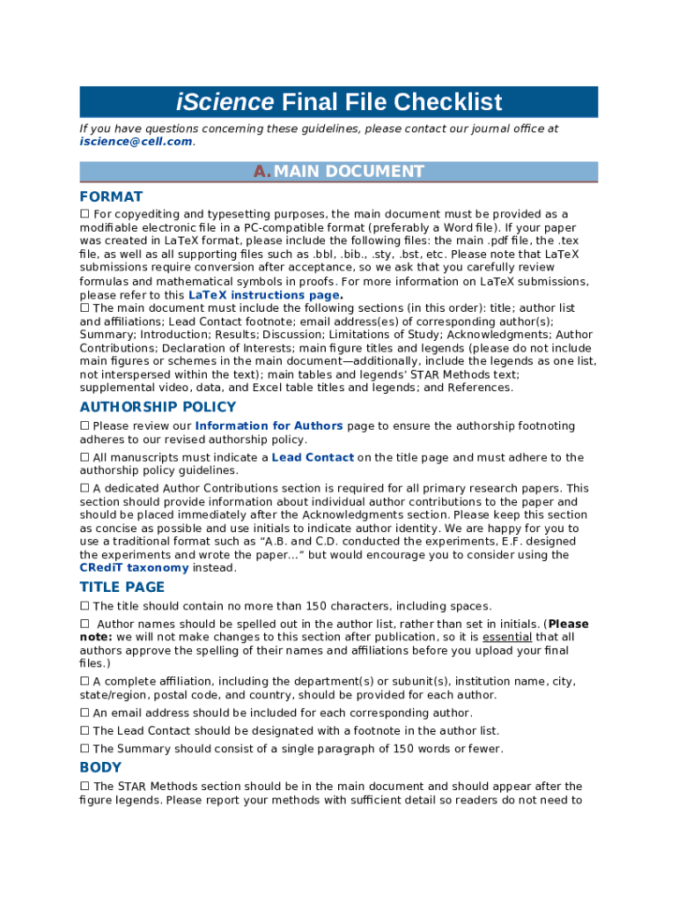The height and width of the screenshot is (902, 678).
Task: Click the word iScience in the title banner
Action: pyautogui.click(x=225, y=102)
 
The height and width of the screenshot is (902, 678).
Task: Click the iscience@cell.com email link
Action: pyautogui.click(x=136, y=141)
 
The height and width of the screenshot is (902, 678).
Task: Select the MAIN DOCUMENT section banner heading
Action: pyautogui.click(x=349, y=172)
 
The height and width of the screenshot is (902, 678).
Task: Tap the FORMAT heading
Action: pyautogui.click(x=111, y=196)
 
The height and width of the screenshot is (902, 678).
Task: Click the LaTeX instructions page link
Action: pyautogui.click(x=264, y=295)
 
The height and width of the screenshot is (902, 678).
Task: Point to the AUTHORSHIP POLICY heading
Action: pyautogui.click(x=158, y=407)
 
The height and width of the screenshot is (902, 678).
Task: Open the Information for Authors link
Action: pyautogui.click(x=269, y=425)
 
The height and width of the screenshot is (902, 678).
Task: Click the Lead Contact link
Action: pyautogui.click(x=313, y=457)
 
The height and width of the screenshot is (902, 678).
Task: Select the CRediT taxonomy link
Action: pyautogui.click(x=134, y=568)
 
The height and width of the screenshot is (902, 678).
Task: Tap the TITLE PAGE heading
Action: pyautogui.click(x=122, y=587)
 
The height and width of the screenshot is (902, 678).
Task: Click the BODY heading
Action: pyautogui.click(x=100, y=767)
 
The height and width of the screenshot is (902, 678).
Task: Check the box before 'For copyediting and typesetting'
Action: pyautogui.click(x=85, y=214)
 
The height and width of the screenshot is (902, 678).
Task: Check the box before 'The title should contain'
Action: pyautogui.click(x=85, y=606)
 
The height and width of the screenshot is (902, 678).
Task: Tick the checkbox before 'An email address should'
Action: pyautogui.click(x=85, y=713)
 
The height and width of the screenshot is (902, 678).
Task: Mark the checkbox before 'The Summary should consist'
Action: pyautogui.click(x=85, y=749)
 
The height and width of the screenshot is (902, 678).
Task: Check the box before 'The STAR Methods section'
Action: pyautogui.click(x=85, y=786)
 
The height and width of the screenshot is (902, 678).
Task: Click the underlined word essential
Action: pyautogui.click(x=506, y=637)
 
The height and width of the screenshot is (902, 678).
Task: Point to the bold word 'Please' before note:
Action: pyautogui.click(x=568, y=624)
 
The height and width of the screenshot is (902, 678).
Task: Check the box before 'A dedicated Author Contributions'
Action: pyautogui.click(x=85, y=488)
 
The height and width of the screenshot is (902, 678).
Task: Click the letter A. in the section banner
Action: pyautogui.click(x=262, y=172)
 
